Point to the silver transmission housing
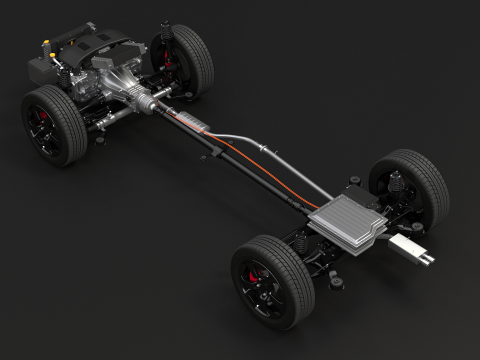point(135,85)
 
